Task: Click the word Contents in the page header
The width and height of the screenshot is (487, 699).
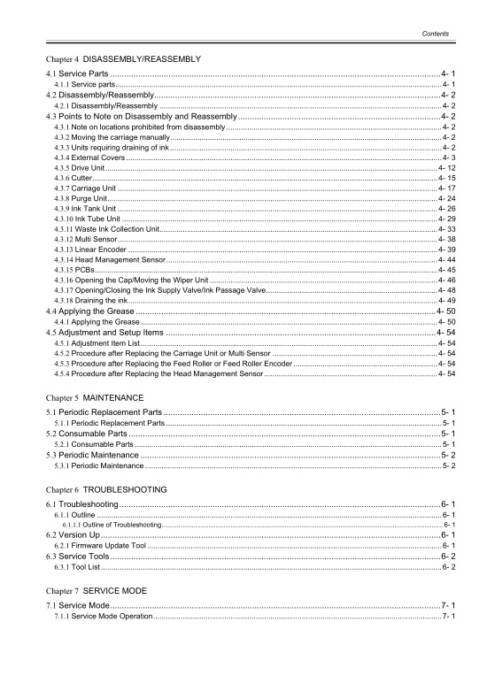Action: coord(434,34)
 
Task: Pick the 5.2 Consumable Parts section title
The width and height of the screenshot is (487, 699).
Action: coord(88,434)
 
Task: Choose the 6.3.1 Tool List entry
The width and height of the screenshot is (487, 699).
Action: coord(80,567)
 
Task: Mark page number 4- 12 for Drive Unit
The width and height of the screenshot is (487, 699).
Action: coord(446,167)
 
